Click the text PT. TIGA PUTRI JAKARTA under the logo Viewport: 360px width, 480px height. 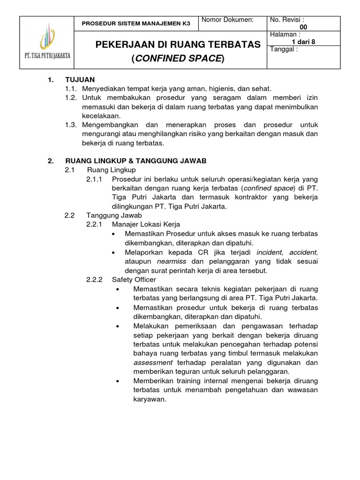click(47, 55)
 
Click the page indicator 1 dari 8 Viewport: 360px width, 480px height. click(303, 42)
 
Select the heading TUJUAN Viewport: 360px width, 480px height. click(80, 80)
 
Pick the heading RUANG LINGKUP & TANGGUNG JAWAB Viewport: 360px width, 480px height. click(135, 161)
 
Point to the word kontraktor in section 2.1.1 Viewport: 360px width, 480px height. click(237, 197)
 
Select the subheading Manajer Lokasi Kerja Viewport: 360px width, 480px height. click(146, 224)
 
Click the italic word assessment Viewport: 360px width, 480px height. click(153, 362)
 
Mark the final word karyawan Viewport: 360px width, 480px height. click(150, 399)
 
